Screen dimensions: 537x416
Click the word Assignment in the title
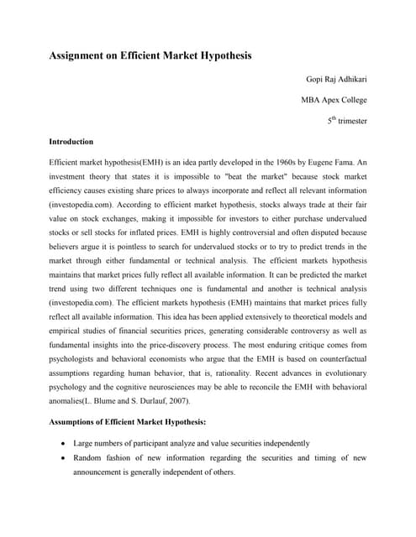81,56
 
